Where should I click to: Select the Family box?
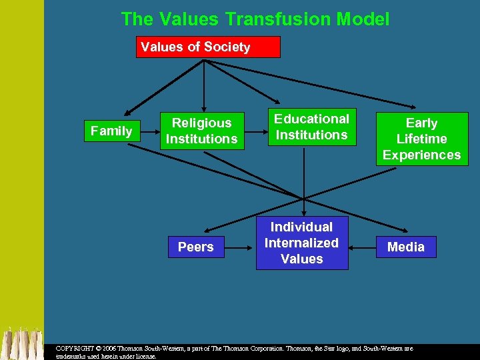[x=111, y=131]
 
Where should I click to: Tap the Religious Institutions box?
[x=201, y=131]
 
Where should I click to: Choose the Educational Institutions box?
[x=311, y=127]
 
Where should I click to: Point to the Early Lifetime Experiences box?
[x=421, y=139]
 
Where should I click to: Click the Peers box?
[x=195, y=247]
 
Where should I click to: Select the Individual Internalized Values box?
[x=301, y=243]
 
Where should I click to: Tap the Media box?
[x=405, y=247]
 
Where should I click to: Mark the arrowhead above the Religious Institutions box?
[x=203, y=107]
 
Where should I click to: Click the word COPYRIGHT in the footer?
[x=74, y=349]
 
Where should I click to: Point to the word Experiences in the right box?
[x=421, y=155]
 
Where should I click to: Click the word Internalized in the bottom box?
[x=301, y=243]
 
